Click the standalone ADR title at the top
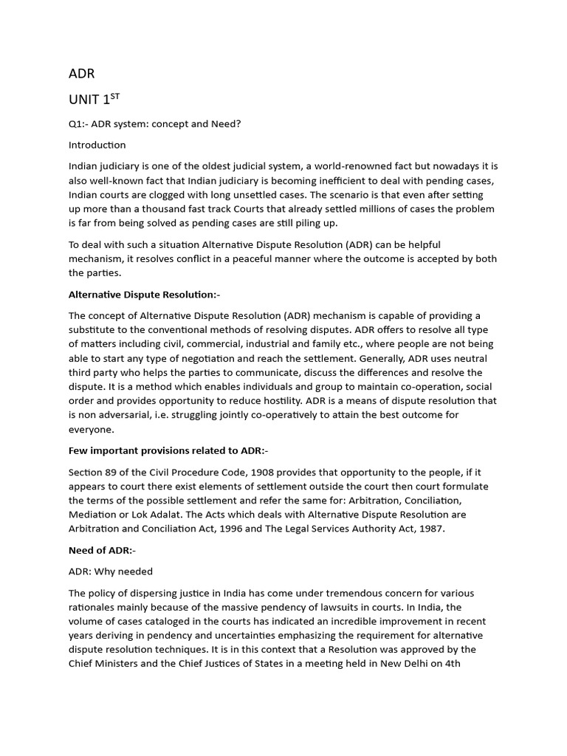[81, 74]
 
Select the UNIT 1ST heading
[94, 100]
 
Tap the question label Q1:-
[80, 124]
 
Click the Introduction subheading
[97, 145]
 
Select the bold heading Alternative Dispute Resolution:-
[144, 295]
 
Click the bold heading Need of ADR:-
[102, 550]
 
